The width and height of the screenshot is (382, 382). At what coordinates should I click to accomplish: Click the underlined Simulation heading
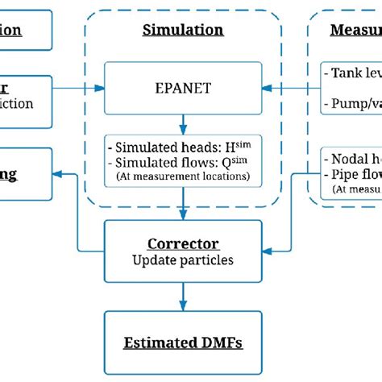point(184,31)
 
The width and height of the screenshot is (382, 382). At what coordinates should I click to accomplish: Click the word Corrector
point(184,244)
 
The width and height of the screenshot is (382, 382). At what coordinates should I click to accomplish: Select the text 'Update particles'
point(184,260)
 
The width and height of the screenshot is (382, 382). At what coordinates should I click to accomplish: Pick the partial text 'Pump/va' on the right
point(355,103)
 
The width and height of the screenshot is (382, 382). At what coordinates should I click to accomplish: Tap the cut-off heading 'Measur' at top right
point(355,31)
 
